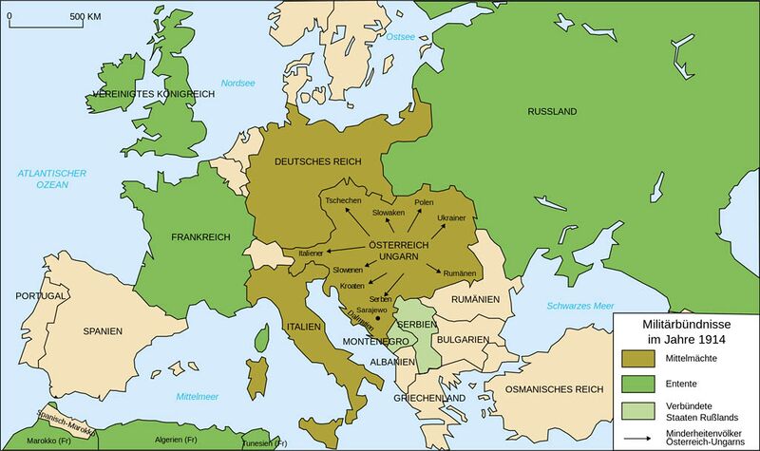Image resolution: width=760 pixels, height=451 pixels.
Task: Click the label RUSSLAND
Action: tap(552, 112)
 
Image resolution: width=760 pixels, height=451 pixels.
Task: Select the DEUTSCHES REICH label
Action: tap(318, 161)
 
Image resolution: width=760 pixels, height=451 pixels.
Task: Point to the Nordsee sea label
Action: tap(237, 84)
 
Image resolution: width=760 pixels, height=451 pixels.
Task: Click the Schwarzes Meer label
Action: tap(579, 307)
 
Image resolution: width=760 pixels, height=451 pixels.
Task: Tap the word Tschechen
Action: tap(343, 201)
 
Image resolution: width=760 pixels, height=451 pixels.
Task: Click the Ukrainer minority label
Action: tap(451, 218)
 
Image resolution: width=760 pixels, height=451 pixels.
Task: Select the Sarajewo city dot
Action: tap(377, 319)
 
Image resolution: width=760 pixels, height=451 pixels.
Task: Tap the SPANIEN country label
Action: tap(102, 329)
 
